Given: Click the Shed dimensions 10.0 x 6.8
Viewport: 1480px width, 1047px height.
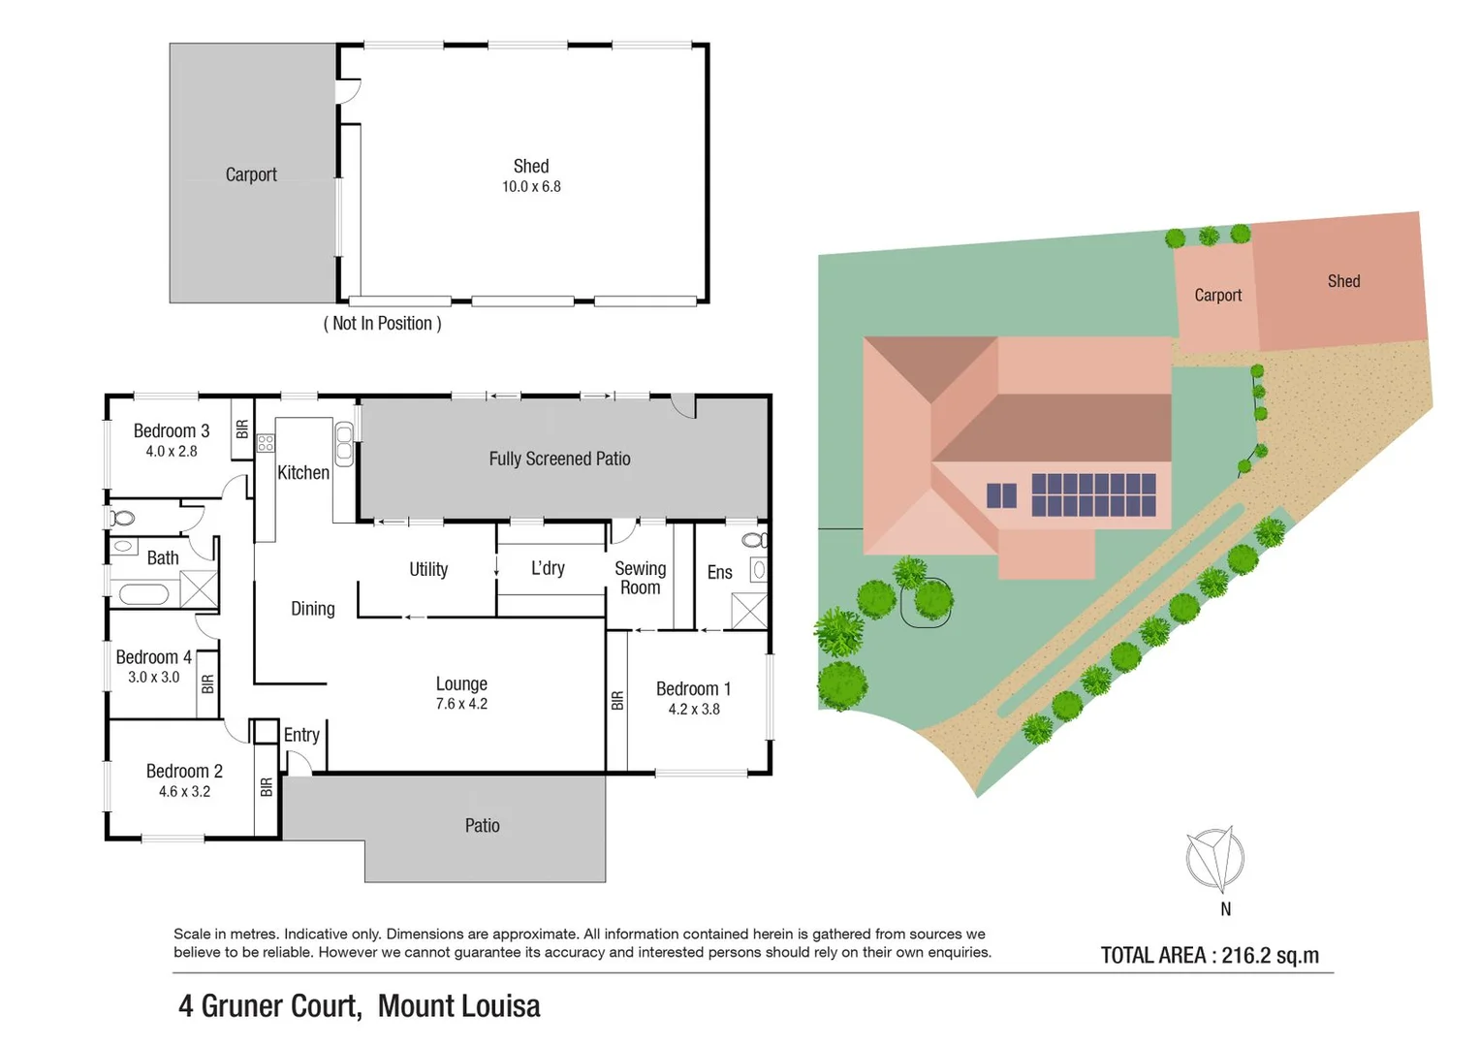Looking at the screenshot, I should [531, 187].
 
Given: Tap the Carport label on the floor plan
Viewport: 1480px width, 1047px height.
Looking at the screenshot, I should [251, 174].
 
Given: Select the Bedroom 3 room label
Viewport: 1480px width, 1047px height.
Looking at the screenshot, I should [172, 431].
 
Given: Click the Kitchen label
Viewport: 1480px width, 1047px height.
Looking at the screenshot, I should [303, 473].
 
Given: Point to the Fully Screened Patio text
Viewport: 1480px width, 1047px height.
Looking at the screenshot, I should [559, 460].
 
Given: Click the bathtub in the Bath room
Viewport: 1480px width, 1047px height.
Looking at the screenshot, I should [143, 593].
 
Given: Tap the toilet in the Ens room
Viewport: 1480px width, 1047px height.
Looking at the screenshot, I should [753, 540].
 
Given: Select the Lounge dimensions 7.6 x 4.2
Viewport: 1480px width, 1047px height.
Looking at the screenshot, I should [461, 705].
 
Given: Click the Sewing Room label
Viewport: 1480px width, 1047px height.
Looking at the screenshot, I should [640, 578].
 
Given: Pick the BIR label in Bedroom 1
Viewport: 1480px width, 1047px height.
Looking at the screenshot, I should [617, 701].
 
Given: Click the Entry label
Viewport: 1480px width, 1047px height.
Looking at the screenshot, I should [301, 736].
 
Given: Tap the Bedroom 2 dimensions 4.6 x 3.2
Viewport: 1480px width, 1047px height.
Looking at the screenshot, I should [184, 792].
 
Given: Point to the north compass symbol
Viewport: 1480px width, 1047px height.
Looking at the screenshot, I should [1215, 859].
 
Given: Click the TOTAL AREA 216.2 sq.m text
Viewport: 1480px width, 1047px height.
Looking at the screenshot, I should [1210, 956].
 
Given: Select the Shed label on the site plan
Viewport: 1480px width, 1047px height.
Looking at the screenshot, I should [1343, 281].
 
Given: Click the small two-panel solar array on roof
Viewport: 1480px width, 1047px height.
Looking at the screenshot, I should [1001, 495].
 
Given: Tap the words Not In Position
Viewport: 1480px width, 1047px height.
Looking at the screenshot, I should [382, 324].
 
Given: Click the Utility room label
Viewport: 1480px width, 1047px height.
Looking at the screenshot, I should [428, 570].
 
